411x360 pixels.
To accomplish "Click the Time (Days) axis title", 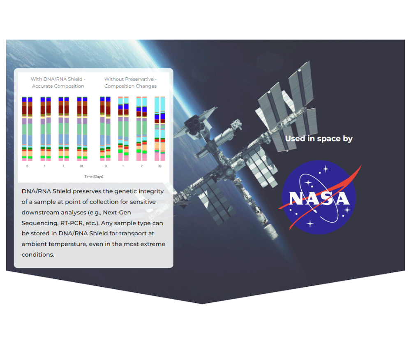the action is [94, 177].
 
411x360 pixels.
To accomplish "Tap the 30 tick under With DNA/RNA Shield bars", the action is [81, 166].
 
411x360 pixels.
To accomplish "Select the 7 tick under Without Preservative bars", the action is [141, 166].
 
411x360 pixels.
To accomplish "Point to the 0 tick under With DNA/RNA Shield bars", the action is [27, 166].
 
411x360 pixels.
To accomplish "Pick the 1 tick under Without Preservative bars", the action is [123, 166].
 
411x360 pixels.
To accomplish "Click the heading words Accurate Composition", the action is [58, 86].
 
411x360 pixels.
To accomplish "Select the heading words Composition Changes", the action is [130, 86].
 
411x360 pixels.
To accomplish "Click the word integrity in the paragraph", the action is [151, 192].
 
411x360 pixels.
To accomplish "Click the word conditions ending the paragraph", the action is [38, 255].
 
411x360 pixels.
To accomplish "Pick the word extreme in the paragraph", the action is [153, 244].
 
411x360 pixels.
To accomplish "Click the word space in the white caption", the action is [329, 139].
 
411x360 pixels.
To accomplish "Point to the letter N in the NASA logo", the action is [297, 198].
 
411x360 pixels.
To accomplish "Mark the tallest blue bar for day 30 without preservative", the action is [162, 116].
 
